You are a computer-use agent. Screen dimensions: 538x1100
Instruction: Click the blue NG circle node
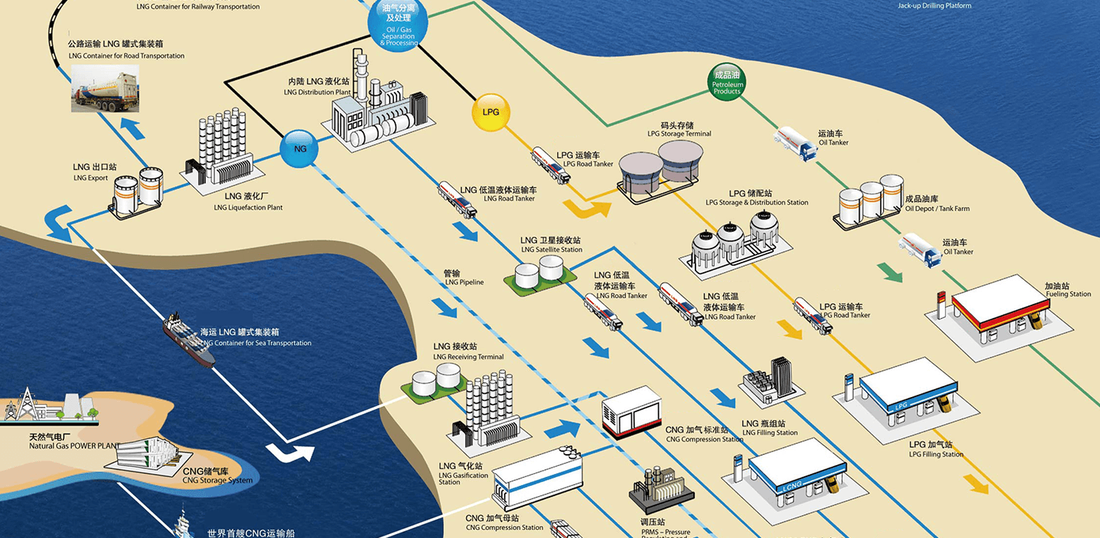click(300, 148)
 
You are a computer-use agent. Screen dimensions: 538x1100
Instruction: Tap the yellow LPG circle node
click(491, 112)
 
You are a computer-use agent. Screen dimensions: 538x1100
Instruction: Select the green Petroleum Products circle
click(727, 82)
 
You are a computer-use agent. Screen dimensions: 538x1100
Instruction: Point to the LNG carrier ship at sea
click(189, 339)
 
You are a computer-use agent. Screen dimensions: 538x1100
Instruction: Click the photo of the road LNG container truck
click(105, 88)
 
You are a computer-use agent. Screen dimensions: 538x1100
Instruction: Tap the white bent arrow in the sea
click(290, 453)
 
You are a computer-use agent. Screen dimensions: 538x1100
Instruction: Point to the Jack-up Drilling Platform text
click(934, 6)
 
